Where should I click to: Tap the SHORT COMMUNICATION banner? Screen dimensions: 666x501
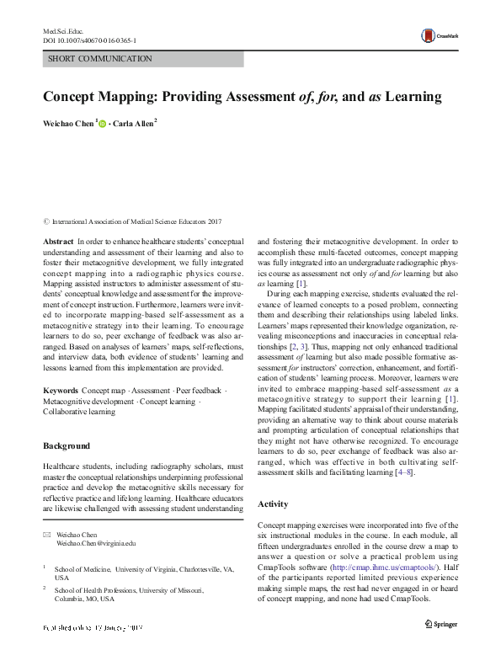(143, 59)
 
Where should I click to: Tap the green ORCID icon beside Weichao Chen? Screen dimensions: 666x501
(104, 123)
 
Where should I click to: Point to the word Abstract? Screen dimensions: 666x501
(58, 241)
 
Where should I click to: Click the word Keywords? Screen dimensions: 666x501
(61, 392)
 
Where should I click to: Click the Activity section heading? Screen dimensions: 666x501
(274, 503)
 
